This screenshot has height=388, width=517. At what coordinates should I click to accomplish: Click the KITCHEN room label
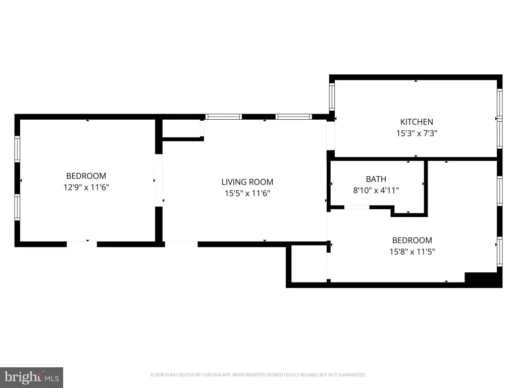(x=417, y=122)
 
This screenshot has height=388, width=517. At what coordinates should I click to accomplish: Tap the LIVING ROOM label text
(x=247, y=182)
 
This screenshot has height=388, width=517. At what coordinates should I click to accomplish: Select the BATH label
(x=376, y=179)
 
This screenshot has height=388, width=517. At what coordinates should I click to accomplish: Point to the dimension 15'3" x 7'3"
(x=417, y=133)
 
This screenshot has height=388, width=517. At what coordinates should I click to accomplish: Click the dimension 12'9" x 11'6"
(x=86, y=187)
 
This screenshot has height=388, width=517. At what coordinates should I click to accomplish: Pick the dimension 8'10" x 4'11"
(x=376, y=190)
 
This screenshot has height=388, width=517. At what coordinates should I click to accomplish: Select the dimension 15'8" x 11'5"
(x=412, y=252)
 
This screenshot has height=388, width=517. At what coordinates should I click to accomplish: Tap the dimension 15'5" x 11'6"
(x=247, y=193)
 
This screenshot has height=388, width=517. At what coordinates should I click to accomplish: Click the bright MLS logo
(x=31, y=377)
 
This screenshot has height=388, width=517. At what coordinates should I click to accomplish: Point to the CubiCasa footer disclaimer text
(x=258, y=375)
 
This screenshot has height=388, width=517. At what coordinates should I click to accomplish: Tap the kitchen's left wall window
(x=332, y=96)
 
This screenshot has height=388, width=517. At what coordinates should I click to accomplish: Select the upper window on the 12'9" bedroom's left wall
(x=17, y=149)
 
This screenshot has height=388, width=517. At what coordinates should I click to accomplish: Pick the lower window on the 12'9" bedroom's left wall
(x=17, y=207)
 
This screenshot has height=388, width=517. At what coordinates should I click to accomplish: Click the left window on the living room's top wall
(x=224, y=117)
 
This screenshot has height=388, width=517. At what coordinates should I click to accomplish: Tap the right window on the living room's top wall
(x=293, y=117)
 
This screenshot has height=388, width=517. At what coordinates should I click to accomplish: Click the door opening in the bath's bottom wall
(x=357, y=207)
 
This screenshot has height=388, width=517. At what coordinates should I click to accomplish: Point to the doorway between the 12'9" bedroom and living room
(x=159, y=180)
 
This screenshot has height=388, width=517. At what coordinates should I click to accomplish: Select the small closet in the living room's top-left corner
(x=182, y=129)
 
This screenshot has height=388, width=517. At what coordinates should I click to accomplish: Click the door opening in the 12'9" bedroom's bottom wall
(x=82, y=244)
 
